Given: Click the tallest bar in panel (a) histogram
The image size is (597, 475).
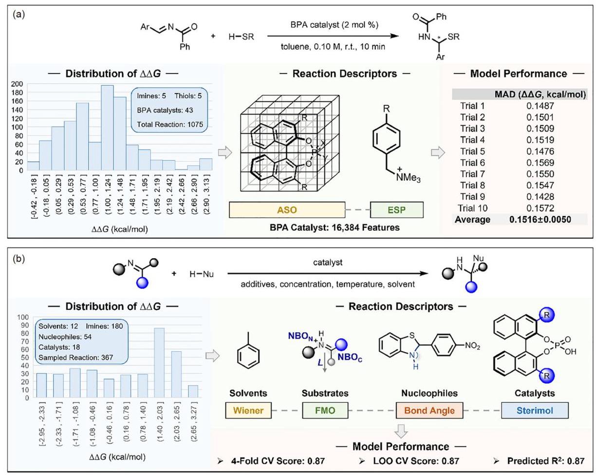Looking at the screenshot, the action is click(107, 128).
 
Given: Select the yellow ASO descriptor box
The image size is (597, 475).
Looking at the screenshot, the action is click(287, 210).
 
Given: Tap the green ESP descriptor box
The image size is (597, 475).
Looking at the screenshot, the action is click(397, 210).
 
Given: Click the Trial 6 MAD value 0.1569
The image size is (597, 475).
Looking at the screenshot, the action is click(540, 163).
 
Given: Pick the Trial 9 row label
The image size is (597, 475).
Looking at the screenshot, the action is click(472, 197).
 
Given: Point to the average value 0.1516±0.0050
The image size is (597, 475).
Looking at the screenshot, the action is click(540, 220).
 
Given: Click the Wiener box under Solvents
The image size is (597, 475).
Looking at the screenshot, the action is click(248, 410).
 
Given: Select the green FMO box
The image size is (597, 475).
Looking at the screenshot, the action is click(325, 410).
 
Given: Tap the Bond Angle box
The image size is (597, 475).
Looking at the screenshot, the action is click(429, 410).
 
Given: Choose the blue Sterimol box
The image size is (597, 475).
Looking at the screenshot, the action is click(535, 410).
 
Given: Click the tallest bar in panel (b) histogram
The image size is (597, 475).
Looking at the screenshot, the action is click(159, 363).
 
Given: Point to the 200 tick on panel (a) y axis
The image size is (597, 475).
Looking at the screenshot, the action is click(17, 84).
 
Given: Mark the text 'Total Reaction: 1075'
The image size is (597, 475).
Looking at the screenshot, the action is click(170, 124).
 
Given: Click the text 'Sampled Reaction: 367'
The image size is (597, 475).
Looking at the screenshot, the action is click(76, 357).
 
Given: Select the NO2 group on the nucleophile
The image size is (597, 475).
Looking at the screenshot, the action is click(472, 346).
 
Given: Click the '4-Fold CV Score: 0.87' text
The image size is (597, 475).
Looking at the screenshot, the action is click(278, 461).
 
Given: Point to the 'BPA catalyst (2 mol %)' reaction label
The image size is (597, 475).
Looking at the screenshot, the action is click(334, 25).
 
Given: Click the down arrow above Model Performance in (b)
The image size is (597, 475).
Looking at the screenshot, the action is click(401, 431).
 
